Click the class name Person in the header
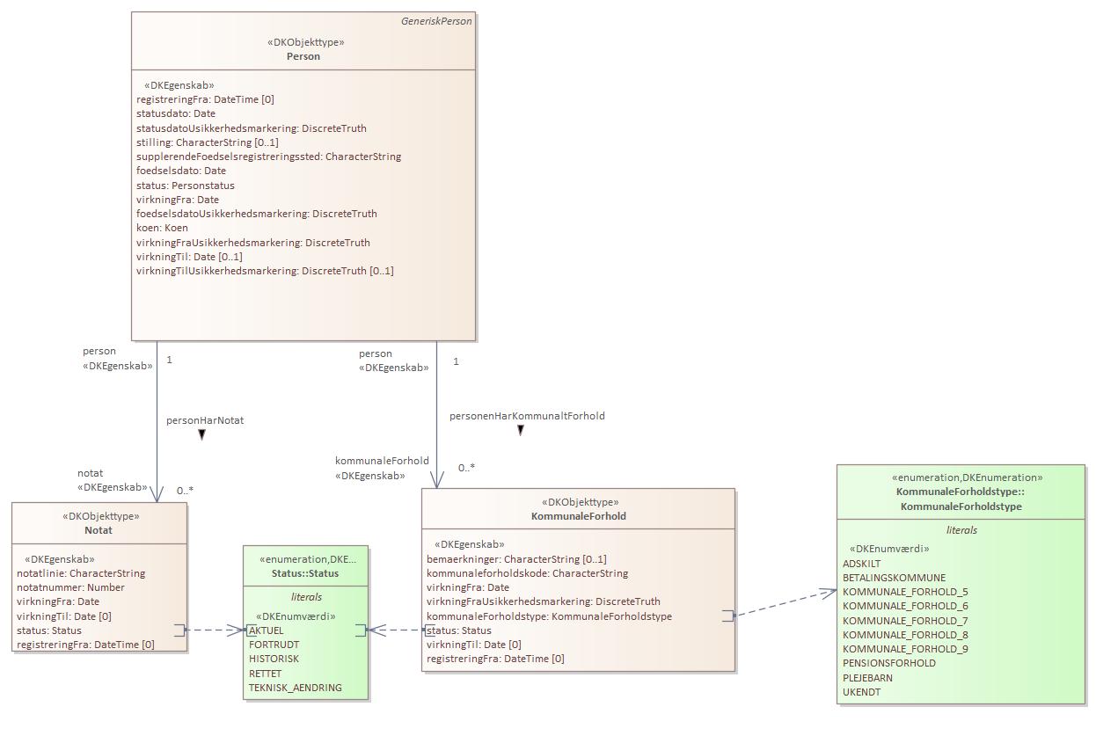click(x=303, y=56)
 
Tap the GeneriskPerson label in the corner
click(x=436, y=21)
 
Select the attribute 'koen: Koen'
click(x=162, y=228)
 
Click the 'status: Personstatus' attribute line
click(x=185, y=186)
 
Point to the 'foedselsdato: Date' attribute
click(x=180, y=171)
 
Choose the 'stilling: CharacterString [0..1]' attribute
click(x=207, y=142)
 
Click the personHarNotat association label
click(x=205, y=420)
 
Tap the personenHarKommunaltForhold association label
click(x=527, y=416)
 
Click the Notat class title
click(x=99, y=530)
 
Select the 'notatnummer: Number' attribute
click(x=70, y=587)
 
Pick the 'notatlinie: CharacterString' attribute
click(x=81, y=573)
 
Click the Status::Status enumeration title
click(x=305, y=573)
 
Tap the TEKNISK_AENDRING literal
click(x=296, y=688)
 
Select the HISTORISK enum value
click(x=274, y=659)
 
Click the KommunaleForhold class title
click(x=578, y=516)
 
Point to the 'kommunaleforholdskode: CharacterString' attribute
click(x=527, y=573)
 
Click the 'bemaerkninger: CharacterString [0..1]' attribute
click(x=516, y=559)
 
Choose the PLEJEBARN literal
click(x=867, y=678)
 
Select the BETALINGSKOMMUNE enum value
click(x=894, y=578)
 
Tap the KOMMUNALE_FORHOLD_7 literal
click(x=905, y=621)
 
